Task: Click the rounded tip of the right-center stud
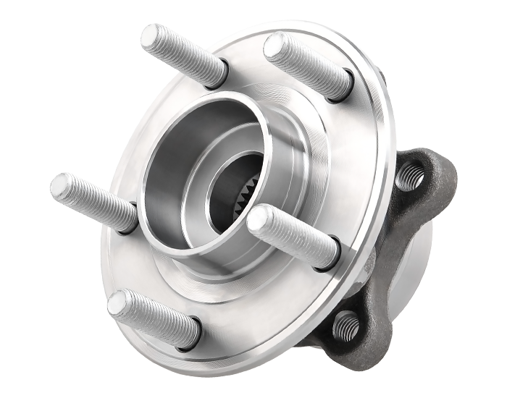pyautogui.click(x=260, y=219)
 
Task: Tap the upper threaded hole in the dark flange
pyautogui.click(x=410, y=174)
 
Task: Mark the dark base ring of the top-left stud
pyautogui.click(x=216, y=75)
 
